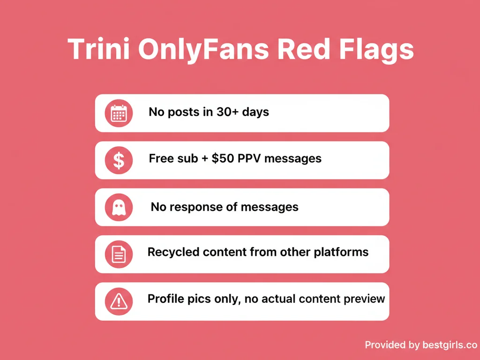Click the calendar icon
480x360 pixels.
(119, 113)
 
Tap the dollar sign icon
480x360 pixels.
(119, 160)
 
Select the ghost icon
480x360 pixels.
(119, 207)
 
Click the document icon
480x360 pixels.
(119, 254)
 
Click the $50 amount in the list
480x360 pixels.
(222, 158)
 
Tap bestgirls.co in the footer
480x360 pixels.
(449, 345)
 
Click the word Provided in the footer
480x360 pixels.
(385, 345)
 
